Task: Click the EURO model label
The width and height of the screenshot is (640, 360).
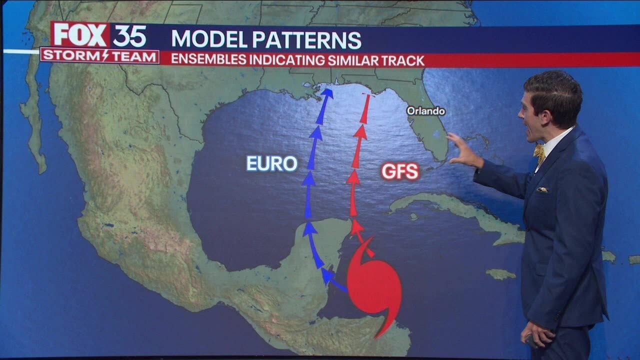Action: coord(272,163)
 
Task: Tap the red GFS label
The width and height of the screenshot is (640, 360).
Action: coord(399,171)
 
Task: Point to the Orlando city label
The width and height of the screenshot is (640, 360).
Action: coord(425,111)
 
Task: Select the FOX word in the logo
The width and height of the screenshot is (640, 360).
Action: coord(80,35)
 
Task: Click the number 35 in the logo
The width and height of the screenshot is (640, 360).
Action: coord(129,36)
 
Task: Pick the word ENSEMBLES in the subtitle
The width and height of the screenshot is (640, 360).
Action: coord(208,60)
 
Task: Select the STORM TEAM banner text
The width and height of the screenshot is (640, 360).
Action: coord(100,55)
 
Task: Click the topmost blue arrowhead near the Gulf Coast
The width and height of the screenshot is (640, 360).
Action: coord(327,94)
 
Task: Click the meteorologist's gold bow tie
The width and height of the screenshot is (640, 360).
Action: coord(539,152)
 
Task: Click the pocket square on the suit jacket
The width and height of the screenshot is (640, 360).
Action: coord(542,189)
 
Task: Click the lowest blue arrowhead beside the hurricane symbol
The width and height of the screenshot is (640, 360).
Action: coord(328,275)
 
